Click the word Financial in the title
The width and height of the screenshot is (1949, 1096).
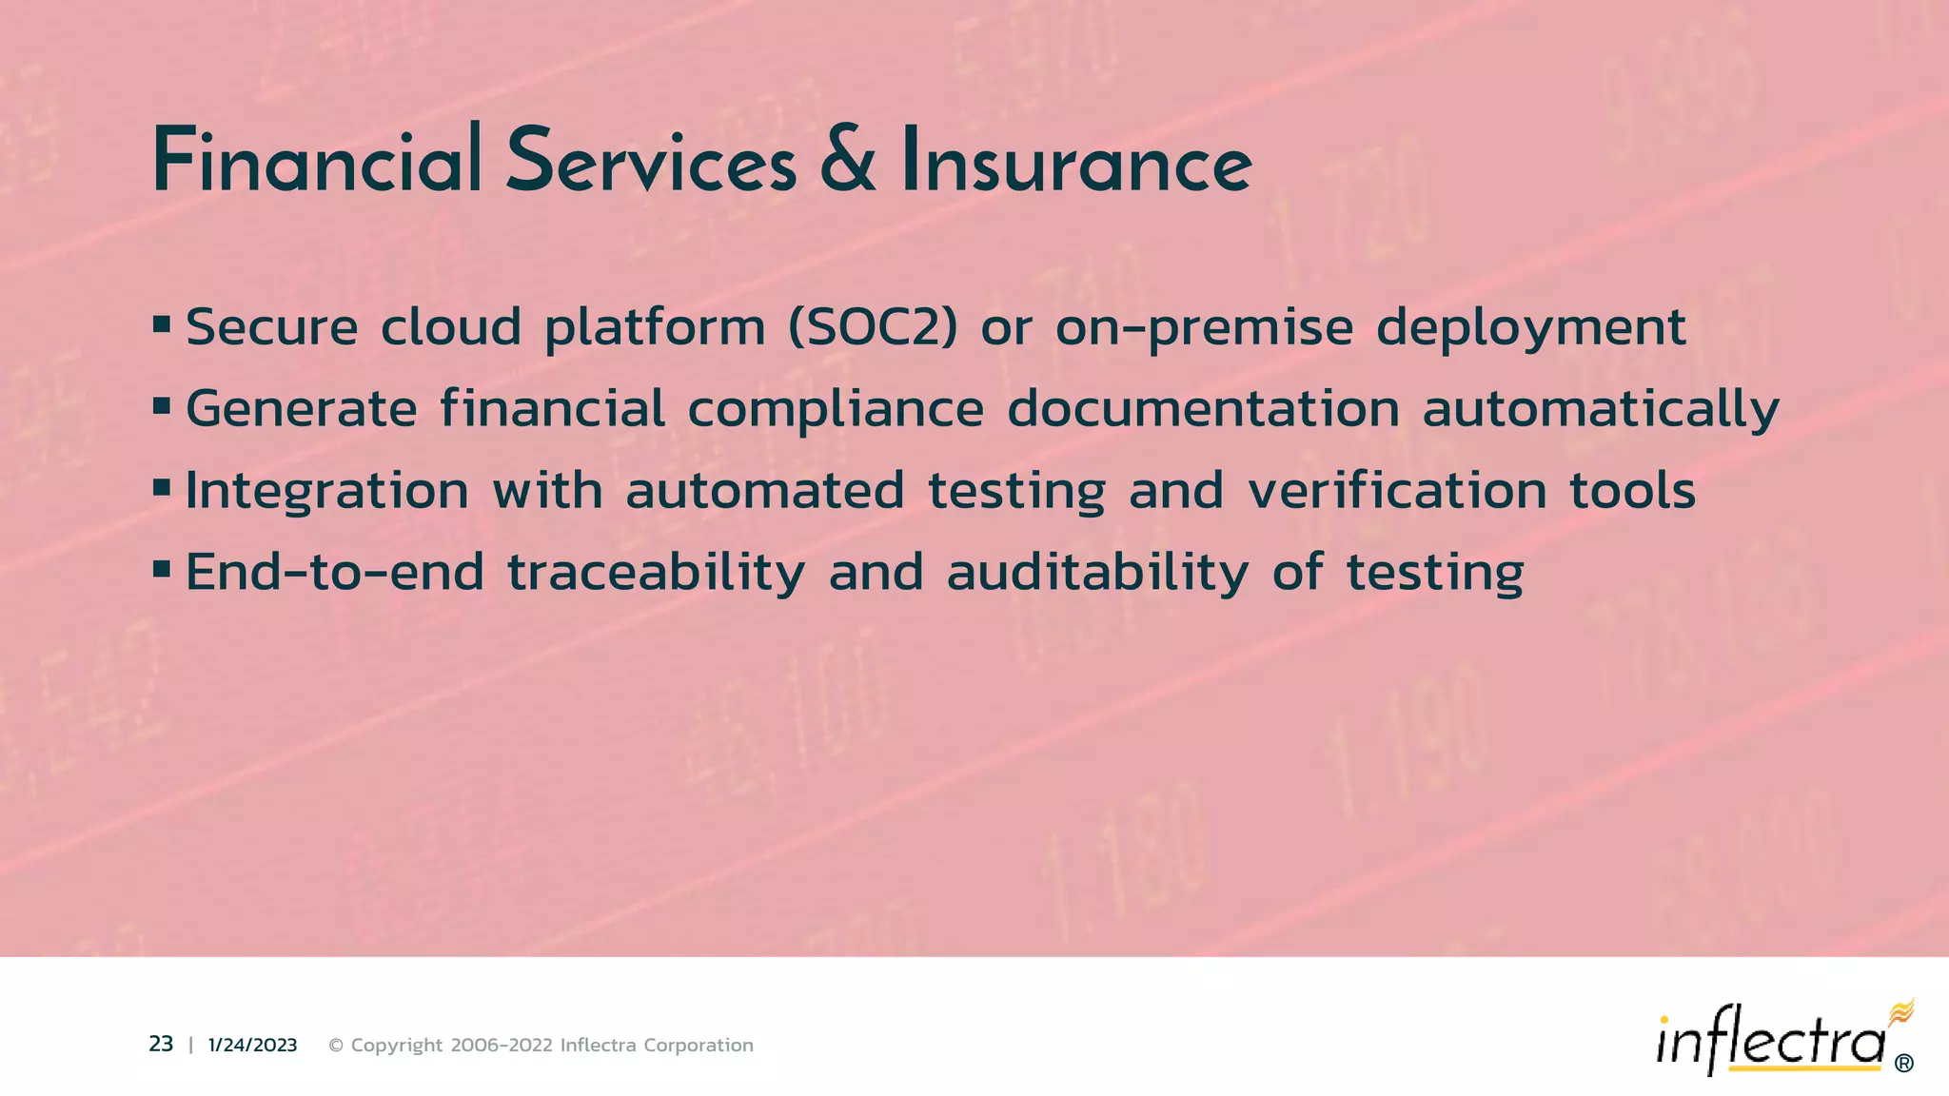click(317, 162)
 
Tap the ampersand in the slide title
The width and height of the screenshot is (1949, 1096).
click(847, 162)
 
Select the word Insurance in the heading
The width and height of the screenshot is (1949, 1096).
click(1076, 162)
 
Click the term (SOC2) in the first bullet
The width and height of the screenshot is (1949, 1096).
click(873, 327)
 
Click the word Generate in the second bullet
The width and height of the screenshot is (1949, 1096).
click(301, 409)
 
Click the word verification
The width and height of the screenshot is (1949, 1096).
click(1397, 491)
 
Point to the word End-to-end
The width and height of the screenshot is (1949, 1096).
click(335, 573)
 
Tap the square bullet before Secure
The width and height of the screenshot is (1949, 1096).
click(161, 325)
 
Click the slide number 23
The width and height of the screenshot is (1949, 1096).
click(161, 1045)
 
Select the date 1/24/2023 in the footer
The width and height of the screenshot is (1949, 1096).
click(252, 1046)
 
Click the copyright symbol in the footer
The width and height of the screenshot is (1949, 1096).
click(336, 1046)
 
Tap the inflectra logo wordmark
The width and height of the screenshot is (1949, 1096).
click(1770, 1043)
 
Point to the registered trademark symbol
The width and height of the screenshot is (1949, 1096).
click(1904, 1064)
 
